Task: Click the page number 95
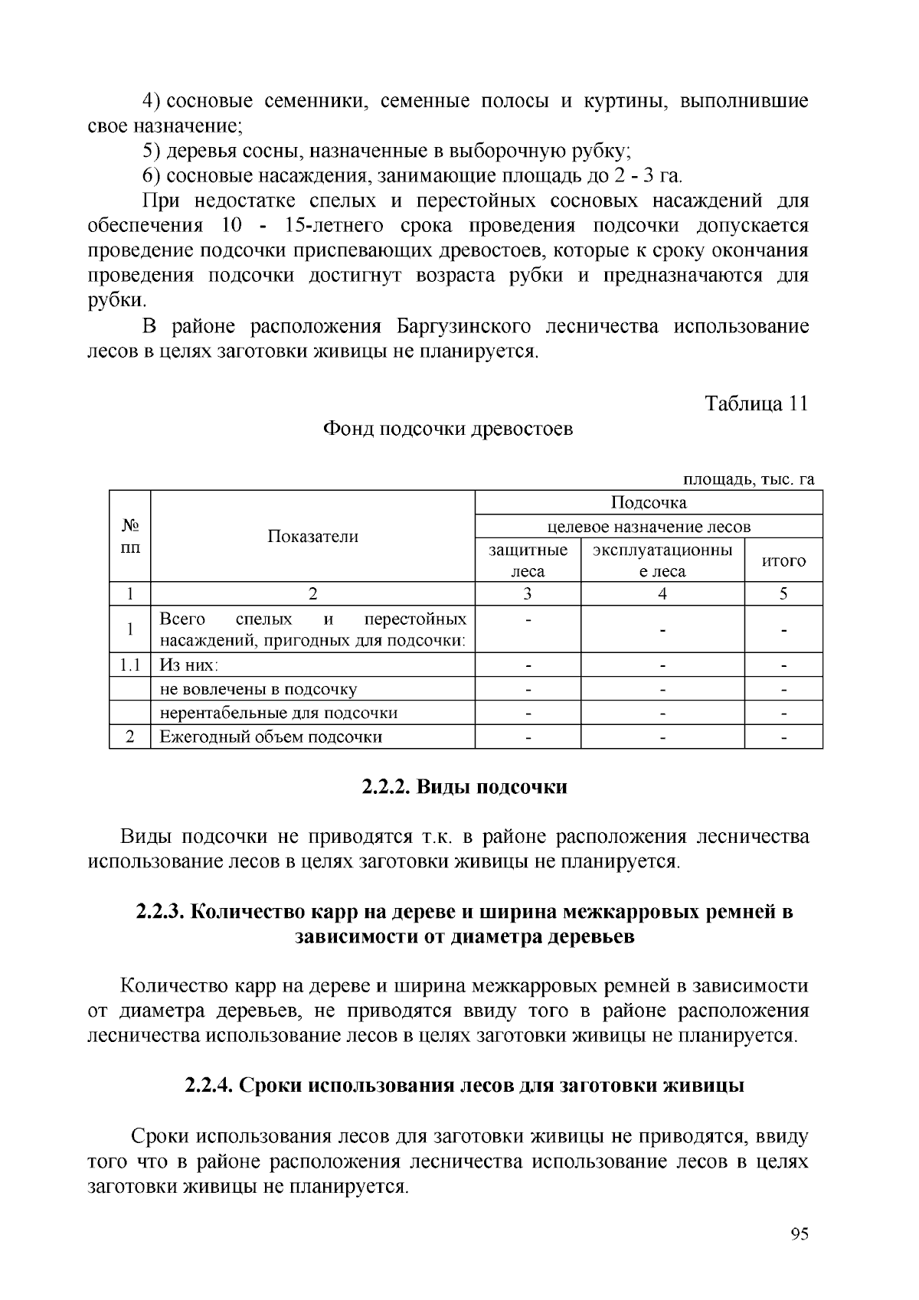[799, 1233]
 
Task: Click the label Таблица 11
[756, 403]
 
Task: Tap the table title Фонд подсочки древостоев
[447, 429]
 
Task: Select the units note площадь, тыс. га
[748, 479]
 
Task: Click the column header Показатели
[312, 536]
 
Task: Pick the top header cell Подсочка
[649, 502]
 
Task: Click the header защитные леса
[528, 560]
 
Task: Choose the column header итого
[783, 560]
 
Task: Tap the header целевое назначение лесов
[649, 526]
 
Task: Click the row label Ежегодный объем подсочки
[271, 737]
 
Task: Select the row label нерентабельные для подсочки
[279, 713]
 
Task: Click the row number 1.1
[129, 665]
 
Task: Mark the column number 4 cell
[662, 593]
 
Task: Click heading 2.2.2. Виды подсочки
[464, 787]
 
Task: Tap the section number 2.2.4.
[210, 1086]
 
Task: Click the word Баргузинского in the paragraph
[464, 327]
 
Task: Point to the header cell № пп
[129, 536]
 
